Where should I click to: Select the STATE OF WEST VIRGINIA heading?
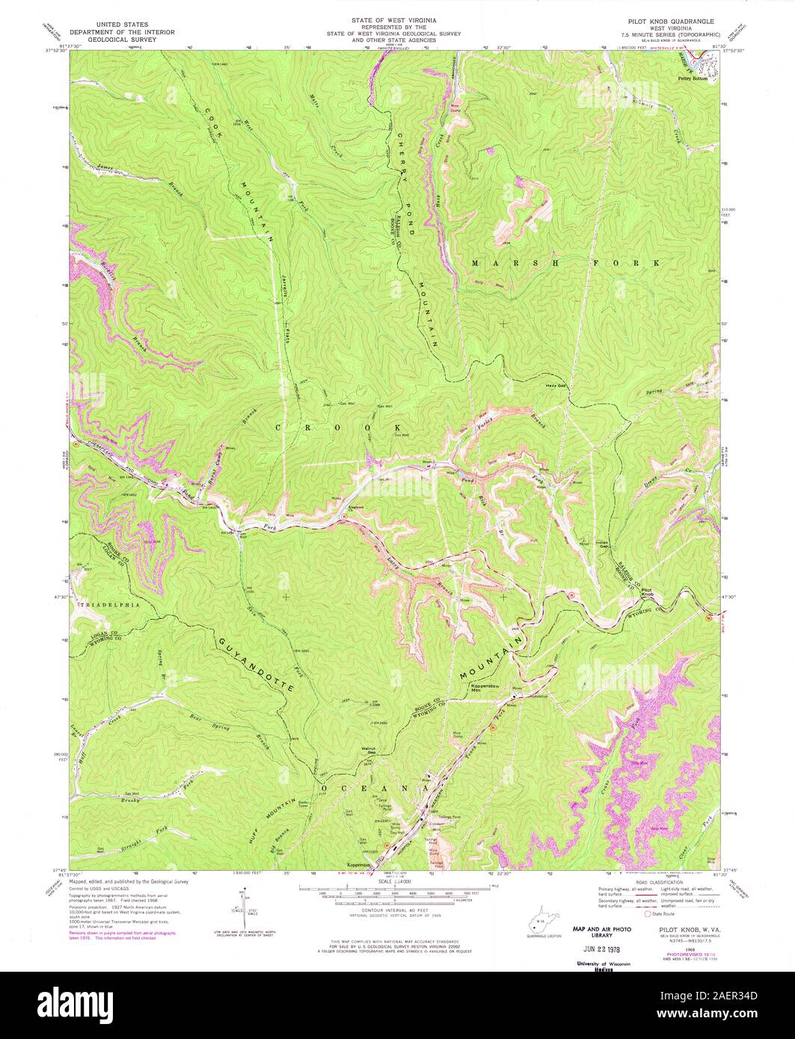(396, 17)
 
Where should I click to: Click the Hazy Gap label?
(555, 386)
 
